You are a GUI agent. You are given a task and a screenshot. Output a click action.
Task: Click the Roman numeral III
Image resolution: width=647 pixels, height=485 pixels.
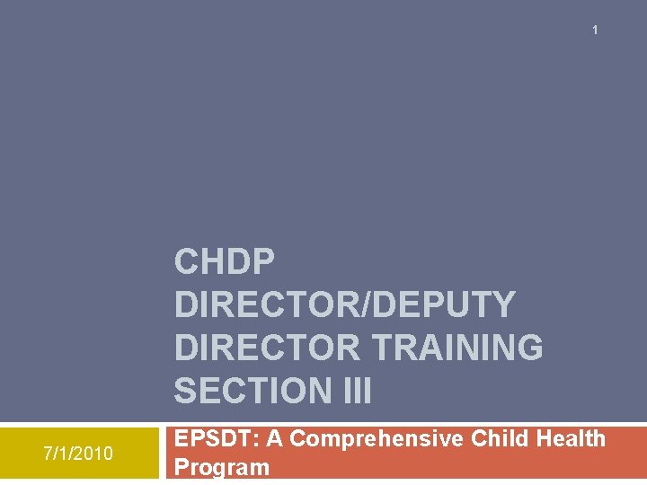pyautogui.click(x=355, y=391)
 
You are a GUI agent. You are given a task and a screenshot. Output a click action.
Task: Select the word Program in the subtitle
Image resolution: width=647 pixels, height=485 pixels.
pyautogui.click(x=221, y=467)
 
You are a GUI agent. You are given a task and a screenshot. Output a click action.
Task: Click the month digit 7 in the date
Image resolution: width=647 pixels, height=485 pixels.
pyautogui.click(x=48, y=454)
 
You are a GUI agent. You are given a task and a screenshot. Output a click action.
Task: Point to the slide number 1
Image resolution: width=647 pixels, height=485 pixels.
pyautogui.click(x=595, y=31)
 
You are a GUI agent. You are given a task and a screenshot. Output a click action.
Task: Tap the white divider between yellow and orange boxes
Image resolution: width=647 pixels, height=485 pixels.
pyautogui.click(x=162, y=454)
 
